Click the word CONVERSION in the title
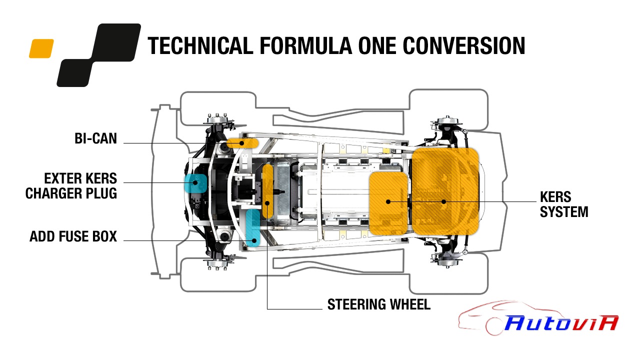click(463, 45)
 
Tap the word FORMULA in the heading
click(305, 45)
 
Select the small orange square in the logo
click(41, 48)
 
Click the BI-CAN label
click(95, 138)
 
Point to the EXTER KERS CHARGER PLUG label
click(71, 185)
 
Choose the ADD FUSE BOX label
click(73, 236)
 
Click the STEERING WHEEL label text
click(379, 304)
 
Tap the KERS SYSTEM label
click(564, 204)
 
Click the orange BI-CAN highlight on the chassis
click(242, 143)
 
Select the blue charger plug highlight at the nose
click(195, 183)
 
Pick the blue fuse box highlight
click(253, 227)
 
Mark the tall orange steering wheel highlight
click(267, 191)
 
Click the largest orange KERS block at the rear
click(445, 191)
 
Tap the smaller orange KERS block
click(388, 203)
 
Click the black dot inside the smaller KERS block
click(388, 201)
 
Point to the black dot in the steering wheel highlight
click(267, 203)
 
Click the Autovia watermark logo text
click(561, 323)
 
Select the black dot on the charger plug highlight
click(195, 182)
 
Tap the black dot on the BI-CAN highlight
click(242, 143)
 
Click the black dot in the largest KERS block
click(443, 201)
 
